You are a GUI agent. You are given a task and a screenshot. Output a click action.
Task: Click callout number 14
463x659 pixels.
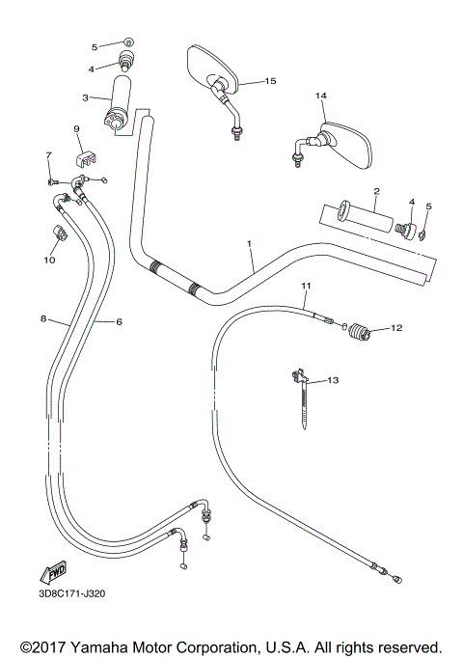pos(321,96)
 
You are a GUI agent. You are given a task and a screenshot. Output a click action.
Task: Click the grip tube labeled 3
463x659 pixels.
pos(124,103)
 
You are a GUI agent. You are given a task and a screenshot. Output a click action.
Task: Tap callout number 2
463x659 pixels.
pos(376,191)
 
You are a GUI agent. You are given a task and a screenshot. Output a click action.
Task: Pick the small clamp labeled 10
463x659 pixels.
pos(59,234)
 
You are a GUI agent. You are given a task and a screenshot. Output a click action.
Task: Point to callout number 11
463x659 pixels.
pos(306,287)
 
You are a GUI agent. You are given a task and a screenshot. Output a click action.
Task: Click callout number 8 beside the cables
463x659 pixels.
pos(43,316)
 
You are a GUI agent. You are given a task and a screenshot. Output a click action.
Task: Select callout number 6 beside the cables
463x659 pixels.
pos(119,321)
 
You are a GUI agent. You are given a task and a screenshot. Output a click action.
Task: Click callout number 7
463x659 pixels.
pos(47,154)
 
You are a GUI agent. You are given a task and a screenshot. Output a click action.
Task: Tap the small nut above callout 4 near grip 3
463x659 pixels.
pos(128,44)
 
